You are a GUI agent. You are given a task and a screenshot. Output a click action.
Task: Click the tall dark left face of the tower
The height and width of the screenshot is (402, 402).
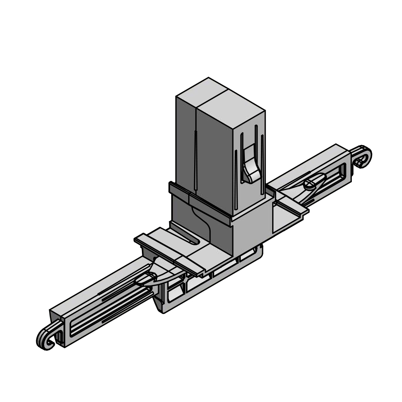(185, 141)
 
